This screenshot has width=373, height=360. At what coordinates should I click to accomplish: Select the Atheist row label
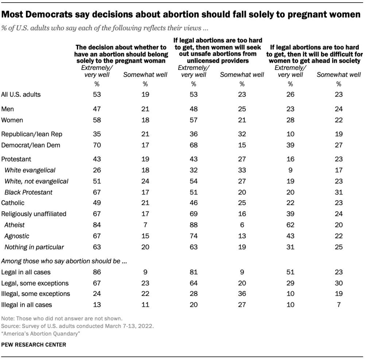pos(14,225)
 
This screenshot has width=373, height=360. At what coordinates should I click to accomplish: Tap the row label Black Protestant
pos(28,192)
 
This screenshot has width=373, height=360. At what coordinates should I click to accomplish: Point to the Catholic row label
pos(13,203)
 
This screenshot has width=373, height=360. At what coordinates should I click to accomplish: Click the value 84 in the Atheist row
pos(96,225)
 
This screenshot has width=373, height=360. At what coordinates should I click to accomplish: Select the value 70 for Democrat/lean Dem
pos(96,145)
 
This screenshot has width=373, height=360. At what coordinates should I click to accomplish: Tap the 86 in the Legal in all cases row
pos(96,272)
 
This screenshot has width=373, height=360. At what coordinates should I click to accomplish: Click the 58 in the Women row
pos(96,120)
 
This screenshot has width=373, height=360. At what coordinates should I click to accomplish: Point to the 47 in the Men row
pos(96,109)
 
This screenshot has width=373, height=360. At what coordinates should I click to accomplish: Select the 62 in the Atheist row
pos(290,225)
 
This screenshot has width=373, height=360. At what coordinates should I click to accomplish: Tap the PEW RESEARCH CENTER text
pos(34,344)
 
